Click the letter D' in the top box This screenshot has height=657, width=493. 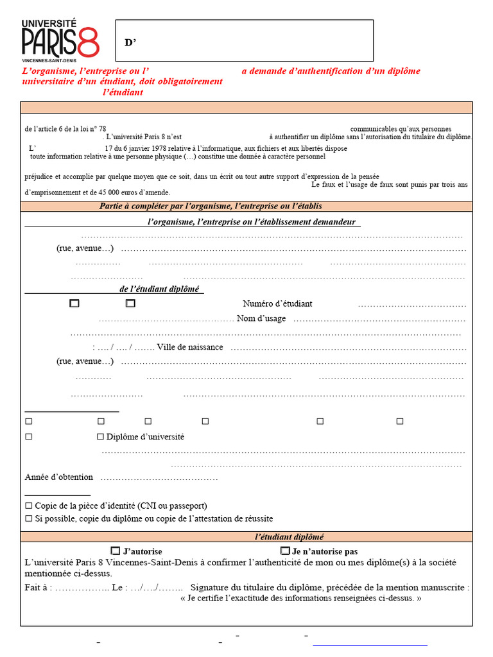[x=130, y=43]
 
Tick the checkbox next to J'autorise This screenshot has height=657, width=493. [x=116, y=550]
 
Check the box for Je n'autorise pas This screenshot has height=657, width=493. [x=285, y=550]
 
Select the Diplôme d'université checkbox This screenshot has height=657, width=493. [x=100, y=437]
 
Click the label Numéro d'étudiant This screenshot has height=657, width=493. [x=277, y=303]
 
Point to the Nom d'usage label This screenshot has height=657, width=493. [x=261, y=318]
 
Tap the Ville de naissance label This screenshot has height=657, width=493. [x=190, y=347]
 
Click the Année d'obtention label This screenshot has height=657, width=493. [x=59, y=477]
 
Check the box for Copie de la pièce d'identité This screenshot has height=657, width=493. [x=28, y=506]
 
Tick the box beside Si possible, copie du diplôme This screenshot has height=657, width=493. [x=28, y=518]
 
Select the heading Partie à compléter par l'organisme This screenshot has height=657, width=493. [x=211, y=206]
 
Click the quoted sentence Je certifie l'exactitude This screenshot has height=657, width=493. [x=301, y=599]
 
